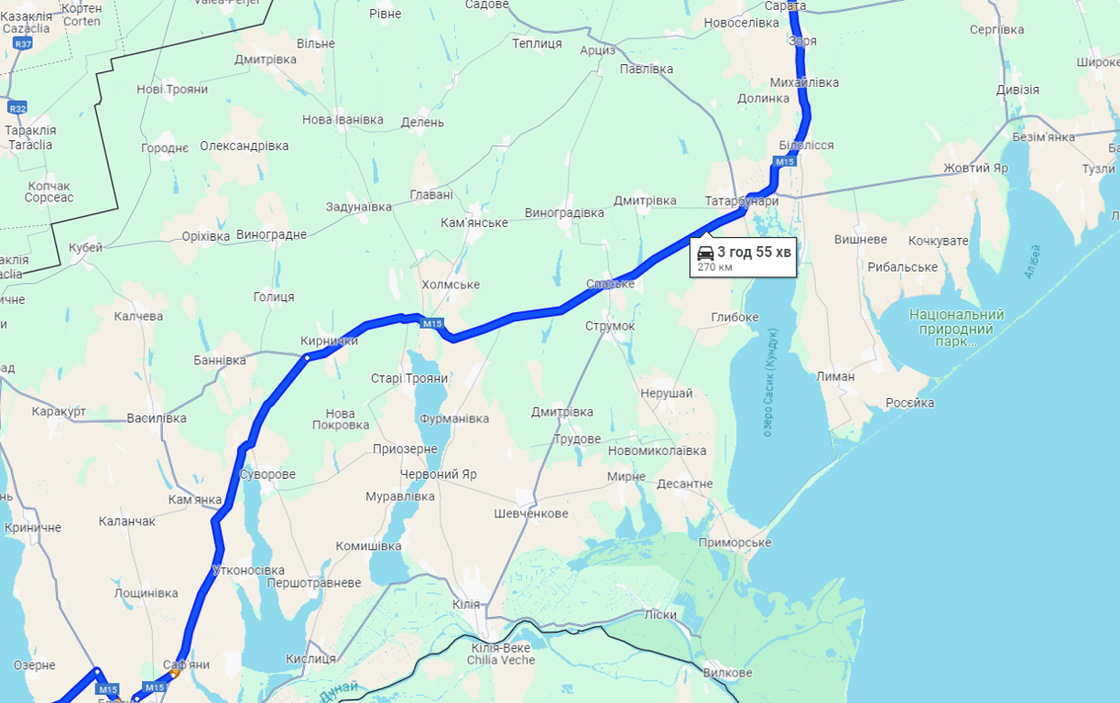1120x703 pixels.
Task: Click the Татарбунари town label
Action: (742, 200)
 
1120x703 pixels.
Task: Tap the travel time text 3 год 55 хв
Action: (754, 252)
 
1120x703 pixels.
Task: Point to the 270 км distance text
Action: (714, 267)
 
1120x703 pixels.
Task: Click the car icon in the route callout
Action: (705, 252)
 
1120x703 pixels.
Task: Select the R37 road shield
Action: (23, 44)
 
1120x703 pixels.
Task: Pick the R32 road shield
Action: (16, 108)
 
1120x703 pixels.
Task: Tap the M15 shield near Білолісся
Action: (784, 162)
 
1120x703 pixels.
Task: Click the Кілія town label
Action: (466, 605)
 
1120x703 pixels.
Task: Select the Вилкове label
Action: (727, 673)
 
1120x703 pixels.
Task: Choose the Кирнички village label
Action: (329, 341)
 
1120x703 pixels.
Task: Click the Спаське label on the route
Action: (610, 284)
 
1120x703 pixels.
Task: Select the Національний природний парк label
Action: (956, 328)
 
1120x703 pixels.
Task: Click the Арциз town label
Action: (597, 49)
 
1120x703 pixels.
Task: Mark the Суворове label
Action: (266, 474)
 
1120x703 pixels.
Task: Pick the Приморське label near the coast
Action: (734, 543)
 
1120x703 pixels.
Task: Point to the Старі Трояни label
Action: (409, 378)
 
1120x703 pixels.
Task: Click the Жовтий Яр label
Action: (975, 168)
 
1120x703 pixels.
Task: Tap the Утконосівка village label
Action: (248, 569)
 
